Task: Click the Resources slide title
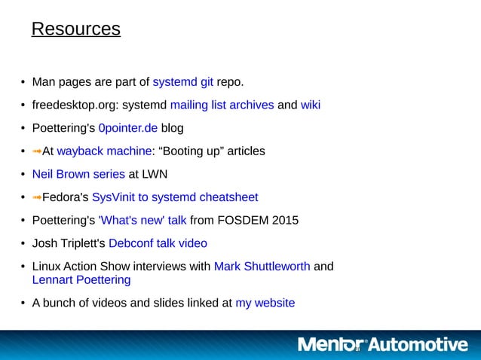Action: click(x=75, y=29)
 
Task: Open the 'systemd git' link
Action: click(x=183, y=81)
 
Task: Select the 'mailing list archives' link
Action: click(x=222, y=105)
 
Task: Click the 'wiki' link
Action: click(x=311, y=105)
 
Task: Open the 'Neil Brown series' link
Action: click(x=78, y=174)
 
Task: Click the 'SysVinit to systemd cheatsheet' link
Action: click(x=175, y=197)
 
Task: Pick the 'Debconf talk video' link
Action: click(x=158, y=243)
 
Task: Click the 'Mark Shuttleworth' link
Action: click(x=262, y=267)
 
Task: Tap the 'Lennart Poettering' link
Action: click(x=81, y=279)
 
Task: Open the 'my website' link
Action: click(x=265, y=303)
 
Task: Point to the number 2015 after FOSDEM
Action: click(x=283, y=221)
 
